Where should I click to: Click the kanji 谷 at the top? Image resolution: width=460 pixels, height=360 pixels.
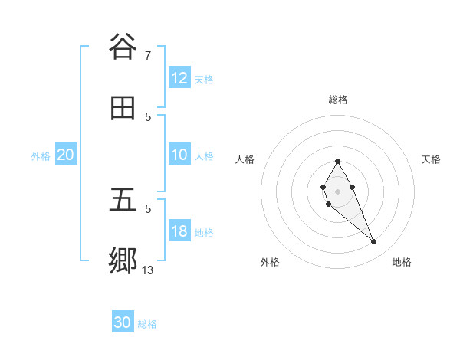[123, 46]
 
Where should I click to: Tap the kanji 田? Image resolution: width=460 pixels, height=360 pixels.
[123, 109]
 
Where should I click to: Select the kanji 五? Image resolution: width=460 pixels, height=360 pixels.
[123, 200]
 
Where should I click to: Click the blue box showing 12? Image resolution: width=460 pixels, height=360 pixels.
[179, 78]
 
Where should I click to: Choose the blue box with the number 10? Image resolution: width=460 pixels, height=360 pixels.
[179, 155]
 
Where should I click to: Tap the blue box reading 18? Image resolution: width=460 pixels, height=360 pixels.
[179, 231]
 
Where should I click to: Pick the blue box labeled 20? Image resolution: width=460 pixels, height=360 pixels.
[65, 155]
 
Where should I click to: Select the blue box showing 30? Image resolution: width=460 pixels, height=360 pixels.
[123, 322]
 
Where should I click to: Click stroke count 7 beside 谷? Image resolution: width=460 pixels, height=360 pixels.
[148, 55]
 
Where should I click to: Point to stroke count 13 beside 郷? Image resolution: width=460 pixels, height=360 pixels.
[148, 270]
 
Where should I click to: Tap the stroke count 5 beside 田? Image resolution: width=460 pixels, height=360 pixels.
[148, 116]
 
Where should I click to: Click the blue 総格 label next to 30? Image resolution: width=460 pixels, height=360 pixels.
[147, 324]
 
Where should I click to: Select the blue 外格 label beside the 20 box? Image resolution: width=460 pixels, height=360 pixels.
[41, 155]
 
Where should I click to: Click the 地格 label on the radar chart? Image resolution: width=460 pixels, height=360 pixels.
[402, 262]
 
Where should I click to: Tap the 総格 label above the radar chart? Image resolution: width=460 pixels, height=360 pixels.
[338, 100]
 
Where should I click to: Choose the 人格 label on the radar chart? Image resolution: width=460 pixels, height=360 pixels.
[245, 159]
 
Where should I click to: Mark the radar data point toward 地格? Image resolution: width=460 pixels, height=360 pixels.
[374, 242]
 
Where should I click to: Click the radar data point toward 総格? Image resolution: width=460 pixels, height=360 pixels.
[337, 162]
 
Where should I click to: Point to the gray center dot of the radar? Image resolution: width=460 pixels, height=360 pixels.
[337, 191]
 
